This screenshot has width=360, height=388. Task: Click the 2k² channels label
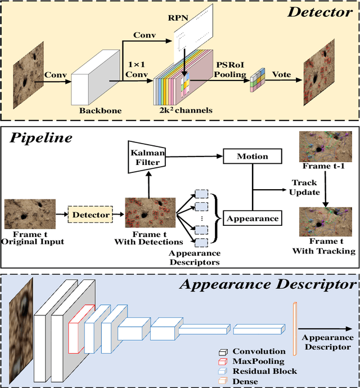pos(186,110)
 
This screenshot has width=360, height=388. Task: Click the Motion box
pos(251,156)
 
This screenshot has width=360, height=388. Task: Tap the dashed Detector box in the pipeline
pos(89,215)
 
